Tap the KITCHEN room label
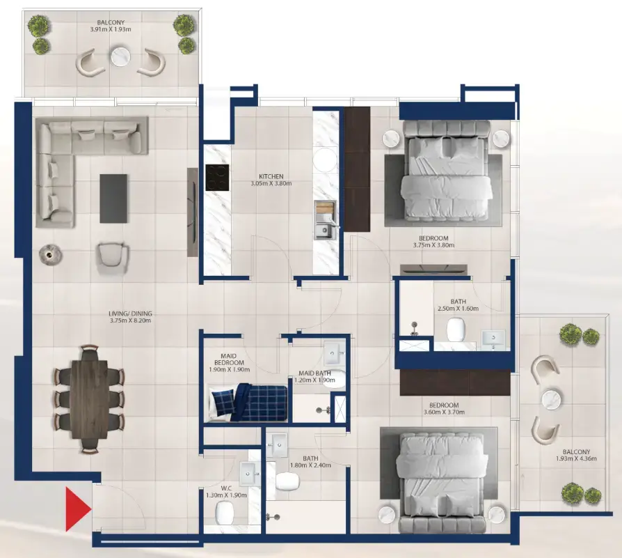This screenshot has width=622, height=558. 271,176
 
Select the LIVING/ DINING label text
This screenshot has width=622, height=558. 130,312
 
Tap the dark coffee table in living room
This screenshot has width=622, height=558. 113,199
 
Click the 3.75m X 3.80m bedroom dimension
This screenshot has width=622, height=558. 433,245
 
